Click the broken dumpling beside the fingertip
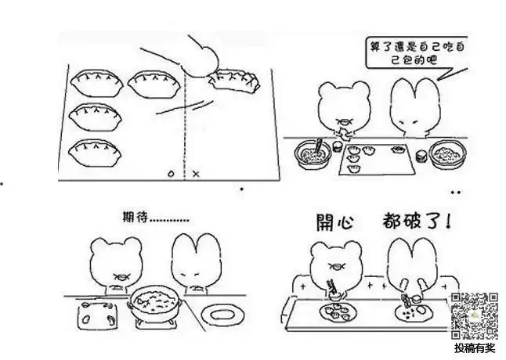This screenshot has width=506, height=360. click(x=233, y=80)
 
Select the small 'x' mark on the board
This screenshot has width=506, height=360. click(x=196, y=172)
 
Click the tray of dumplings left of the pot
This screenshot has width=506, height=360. click(x=96, y=315)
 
